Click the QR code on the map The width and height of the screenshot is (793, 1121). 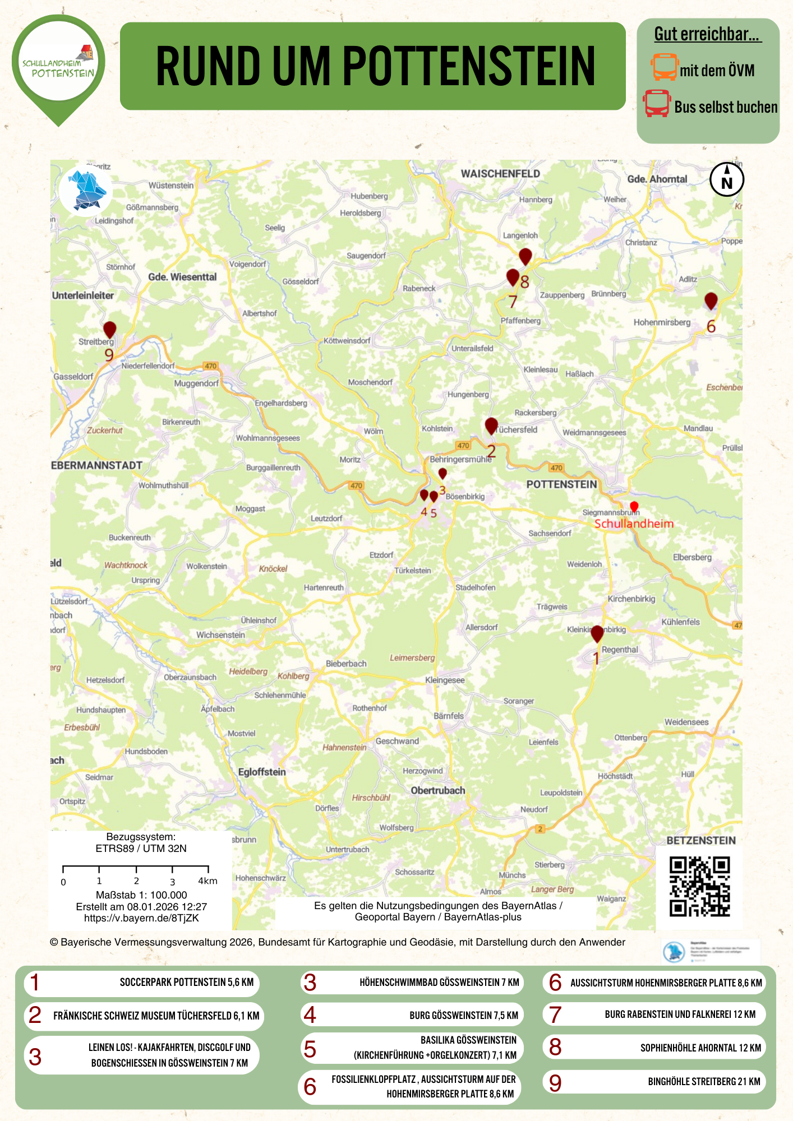(x=699, y=886)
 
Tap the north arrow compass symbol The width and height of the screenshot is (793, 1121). (x=727, y=179)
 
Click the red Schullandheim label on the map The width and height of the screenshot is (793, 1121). (x=634, y=524)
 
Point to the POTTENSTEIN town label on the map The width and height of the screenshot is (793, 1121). (x=561, y=484)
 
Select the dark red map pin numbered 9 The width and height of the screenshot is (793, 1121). (x=109, y=330)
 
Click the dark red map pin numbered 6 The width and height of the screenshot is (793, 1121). (x=711, y=300)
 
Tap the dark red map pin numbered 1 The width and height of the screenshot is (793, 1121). (x=597, y=633)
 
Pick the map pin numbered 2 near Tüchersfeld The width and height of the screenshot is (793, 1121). (x=491, y=425)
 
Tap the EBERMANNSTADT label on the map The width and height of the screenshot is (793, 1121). (x=97, y=465)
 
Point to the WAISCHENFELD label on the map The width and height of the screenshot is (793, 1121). (x=500, y=174)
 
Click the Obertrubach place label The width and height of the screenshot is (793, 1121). (x=438, y=790)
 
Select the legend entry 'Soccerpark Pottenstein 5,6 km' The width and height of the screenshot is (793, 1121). (x=141, y=983)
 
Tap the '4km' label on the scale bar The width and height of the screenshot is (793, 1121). (x=208, y=881)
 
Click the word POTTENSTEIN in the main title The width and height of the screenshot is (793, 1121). (x=468, y=66)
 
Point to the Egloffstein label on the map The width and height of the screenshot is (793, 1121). (x=262, y=772)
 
